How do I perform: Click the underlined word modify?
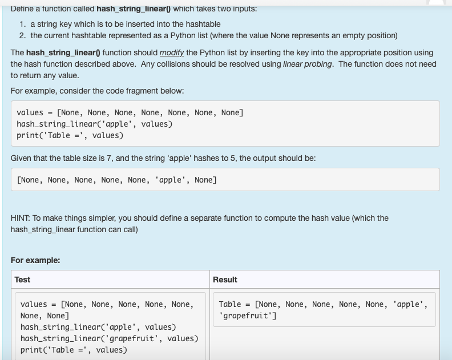tap(172, 52)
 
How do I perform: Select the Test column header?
tap(22, 280)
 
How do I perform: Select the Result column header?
tap(225, 280)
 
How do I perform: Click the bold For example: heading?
tap(35, 260)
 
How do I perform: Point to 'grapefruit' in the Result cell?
tap(247, 315)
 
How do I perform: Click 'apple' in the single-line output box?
tap(170, 180)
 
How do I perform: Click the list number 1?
tap(23, 24)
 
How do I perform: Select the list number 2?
tap(23, 36)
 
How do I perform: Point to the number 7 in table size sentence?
tap(108, 158)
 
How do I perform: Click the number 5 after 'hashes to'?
tap(233, 158)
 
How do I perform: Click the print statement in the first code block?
tap(70, 135)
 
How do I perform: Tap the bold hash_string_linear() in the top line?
tap(134, 9)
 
